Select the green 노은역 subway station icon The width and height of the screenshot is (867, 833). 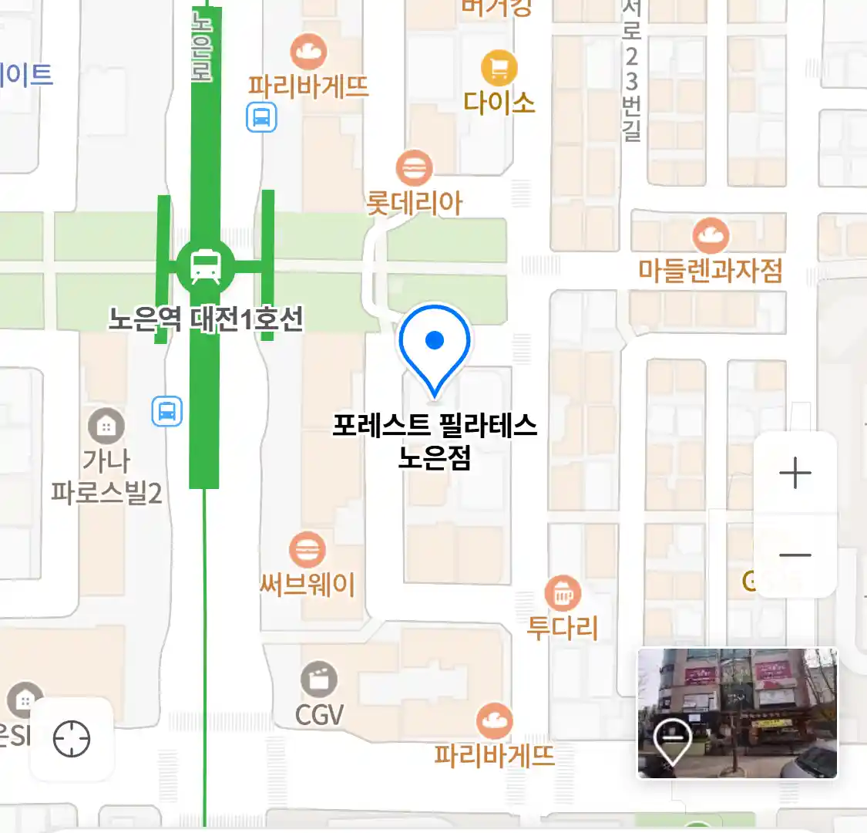(x=205, y=265)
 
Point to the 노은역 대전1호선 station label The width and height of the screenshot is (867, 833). (x=206, y=319)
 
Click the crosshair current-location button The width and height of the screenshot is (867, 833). (x=72, y=739)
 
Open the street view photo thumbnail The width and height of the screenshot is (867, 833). (x=737, y=713)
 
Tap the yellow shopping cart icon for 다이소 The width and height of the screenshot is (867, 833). (x=499, y=69)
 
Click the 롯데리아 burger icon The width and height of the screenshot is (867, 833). (x=415, y=167)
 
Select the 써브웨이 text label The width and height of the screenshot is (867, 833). (x=307, y=585)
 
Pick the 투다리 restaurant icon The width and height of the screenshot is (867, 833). (x=563, y=594)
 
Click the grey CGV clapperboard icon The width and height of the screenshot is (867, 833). (x=319, y=680)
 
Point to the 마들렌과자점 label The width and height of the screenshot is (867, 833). (x=710, y=271)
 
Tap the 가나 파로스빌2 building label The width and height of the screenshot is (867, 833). (x=106, y=477)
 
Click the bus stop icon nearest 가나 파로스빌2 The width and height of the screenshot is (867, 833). (x=167, y=410)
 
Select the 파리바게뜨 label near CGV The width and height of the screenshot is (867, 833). (x=494, y=754)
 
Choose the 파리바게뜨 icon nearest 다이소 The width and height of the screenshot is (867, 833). (x=308, y=52)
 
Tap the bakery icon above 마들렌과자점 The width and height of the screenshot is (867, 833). (x=711, y=235)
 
